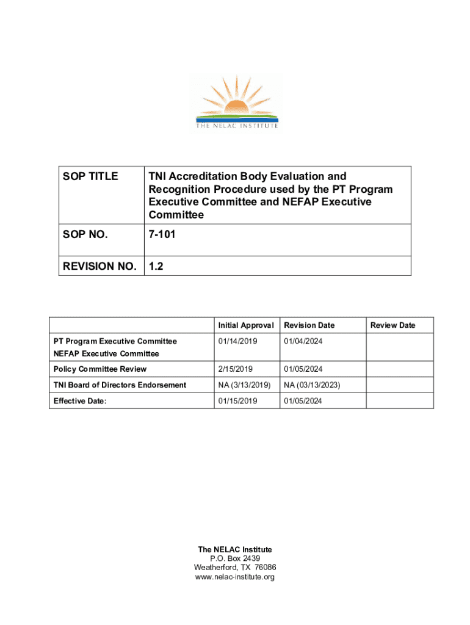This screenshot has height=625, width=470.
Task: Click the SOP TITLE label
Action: (x=90, y=176)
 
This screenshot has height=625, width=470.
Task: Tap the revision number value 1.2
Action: (x=156, y=266)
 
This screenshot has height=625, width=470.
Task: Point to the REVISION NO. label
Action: (x=100, y=266)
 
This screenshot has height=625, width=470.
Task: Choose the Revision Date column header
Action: (x=309, y=325)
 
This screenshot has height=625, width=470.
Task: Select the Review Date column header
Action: (x=392, y=325)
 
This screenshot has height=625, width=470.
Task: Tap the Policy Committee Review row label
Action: (x=100, y=369)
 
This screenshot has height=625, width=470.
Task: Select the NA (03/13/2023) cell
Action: (x=312, y=385)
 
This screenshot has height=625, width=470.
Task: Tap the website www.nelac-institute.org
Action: (x=235, y=577)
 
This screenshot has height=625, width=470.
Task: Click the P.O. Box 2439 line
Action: (x=235, y=558)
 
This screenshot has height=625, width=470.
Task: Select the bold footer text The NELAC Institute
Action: (x=235, y=549)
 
